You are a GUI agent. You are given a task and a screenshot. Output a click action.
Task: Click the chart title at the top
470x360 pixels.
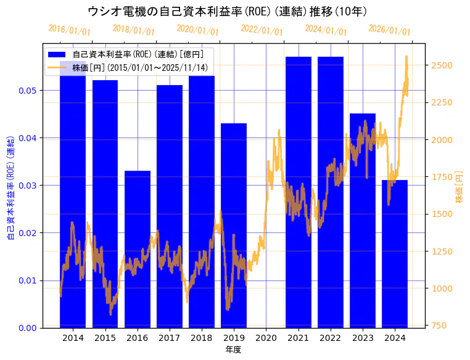pyautogui.click(x=228, y=11)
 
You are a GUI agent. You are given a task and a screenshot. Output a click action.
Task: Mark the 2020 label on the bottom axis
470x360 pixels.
pyautogui.click(x=266, y=338)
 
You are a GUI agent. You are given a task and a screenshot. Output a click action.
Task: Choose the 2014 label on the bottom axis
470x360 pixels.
pyautogui.click(x=73, y=338)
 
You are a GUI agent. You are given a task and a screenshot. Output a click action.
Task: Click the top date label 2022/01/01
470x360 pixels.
pyautogui.click(x=262, y=30)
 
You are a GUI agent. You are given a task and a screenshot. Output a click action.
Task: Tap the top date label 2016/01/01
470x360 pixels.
pyautogui.click(x=69, y=30)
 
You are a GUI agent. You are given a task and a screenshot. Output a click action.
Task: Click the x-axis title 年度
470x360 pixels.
pyautogui.click(x=233, y=350)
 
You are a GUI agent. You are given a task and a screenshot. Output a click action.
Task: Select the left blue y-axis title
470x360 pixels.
pyautogui.click(x=10, y=185)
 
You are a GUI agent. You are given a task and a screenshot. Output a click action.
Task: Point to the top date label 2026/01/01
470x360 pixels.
pyautogui.click(x=389, y=30)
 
